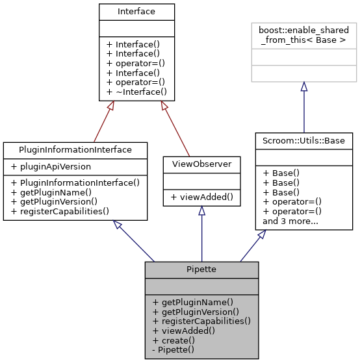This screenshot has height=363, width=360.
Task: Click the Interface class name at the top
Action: point(136,12)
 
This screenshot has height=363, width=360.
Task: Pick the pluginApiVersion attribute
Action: point(50,166)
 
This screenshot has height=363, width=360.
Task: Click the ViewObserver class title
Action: point(201,164)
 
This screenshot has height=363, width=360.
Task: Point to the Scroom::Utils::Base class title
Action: point(303,140)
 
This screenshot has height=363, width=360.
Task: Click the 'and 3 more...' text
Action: point(290,220)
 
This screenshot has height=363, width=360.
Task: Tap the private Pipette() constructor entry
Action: point(172,349)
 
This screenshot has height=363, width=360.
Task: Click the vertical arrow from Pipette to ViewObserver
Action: point(201,234)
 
